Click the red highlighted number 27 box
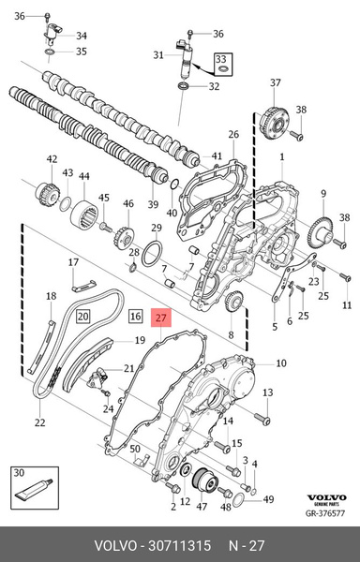click(161, 318)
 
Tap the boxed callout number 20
click(82, 317)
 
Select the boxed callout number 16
click(135, 317)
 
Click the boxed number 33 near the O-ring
click(223, 59)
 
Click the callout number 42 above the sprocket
click(51, 158)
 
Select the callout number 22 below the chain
click(39, 424)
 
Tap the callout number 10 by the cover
click(281, 362)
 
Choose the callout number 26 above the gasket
click(233, 134)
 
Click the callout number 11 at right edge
click(347, 306)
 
